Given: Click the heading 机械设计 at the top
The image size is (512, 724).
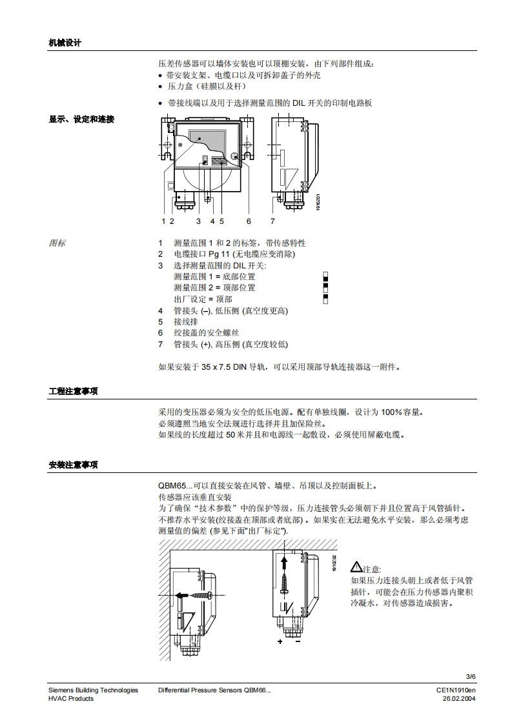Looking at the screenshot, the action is [x=65, y=43].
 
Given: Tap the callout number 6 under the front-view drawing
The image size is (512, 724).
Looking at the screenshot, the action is [x=248, y=221].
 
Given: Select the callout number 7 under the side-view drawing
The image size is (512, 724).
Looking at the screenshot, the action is [x=272, y=221].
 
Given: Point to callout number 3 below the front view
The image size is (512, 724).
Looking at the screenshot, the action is [x=198, y=221].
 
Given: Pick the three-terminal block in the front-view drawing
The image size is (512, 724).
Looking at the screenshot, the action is [x=221, y=161].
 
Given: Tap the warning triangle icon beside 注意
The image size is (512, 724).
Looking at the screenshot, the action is [x=356, y=568].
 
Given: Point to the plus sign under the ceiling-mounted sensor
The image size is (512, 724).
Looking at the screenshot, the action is [x=280, y=642].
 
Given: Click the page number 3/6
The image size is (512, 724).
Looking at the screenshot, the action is [x=470, y=676].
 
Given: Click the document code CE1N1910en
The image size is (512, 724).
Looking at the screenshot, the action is [x=455, y=690].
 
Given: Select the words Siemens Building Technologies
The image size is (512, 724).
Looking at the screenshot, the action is [x=93, y=690].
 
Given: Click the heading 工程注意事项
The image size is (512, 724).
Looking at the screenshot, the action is [x=73, y=392].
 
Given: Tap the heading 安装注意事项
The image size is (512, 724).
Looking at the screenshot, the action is [x=73, y=465].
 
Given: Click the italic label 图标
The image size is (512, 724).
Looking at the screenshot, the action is [x=57, y=243].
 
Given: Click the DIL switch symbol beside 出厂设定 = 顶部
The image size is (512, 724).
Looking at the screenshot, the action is [x=326, y=298].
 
